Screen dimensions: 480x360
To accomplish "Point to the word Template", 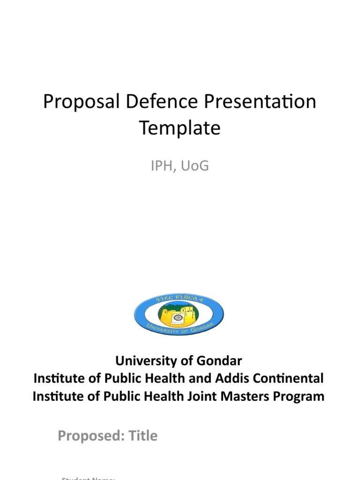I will click(x=180, y=127).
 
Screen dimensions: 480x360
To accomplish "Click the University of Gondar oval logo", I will click(x=179, y=315).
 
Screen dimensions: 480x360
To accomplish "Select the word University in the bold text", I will click(x=140, y=361).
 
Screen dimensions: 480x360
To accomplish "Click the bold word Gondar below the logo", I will click(x=219, y=361).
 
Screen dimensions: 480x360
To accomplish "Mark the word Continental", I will click(x=289, y=378).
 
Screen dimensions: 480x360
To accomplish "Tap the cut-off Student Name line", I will click(x=89, y=478).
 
